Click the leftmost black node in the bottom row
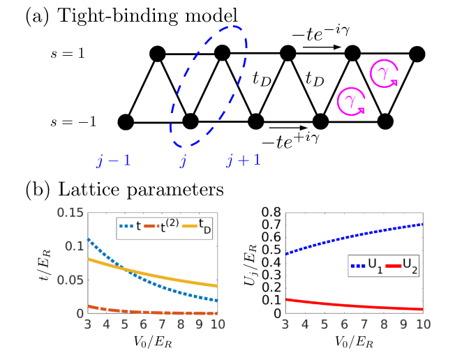tap(126, 122)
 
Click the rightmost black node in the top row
tap(417, 53)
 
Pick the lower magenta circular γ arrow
tap(350, 102)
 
